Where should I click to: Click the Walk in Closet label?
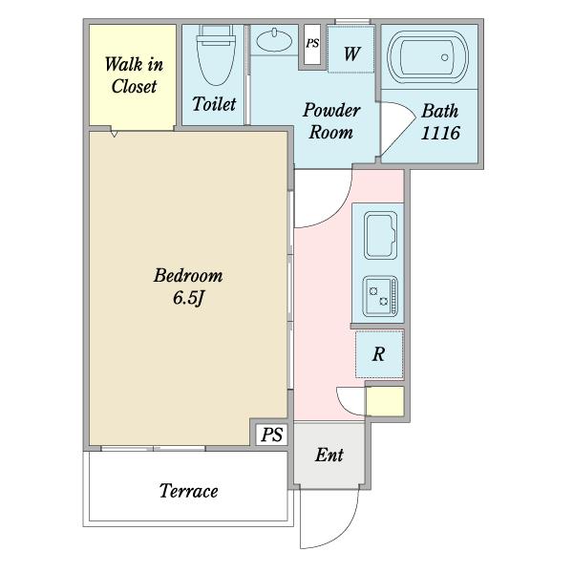[x=134, y=75]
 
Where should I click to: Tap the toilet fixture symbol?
[x=216, y=54]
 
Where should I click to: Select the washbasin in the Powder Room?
[x=274, y=40]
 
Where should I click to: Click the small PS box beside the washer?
[x=312, y=44]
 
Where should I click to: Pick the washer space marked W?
[x=350, y=49]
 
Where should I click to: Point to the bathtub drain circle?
[x=444, y=57]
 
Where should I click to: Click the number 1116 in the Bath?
[x=440, y=133]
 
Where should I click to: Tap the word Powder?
[x=331, y=111]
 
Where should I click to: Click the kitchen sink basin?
[x=380, y=236]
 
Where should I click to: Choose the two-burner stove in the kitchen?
[x=380, y=296]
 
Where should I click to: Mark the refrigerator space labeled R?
[x=379, y=354]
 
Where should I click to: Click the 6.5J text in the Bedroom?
[x=188, y=298]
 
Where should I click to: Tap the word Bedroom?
[x=188, y=276]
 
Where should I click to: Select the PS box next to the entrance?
[x=272, y=435]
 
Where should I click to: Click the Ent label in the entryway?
[x=329, y=456]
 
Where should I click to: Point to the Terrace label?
[x=188, y=491]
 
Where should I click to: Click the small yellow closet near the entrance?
[x=385, y=401]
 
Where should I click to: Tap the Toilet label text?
[x=214, y=104]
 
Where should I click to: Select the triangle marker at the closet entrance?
[x=115, y=134]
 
